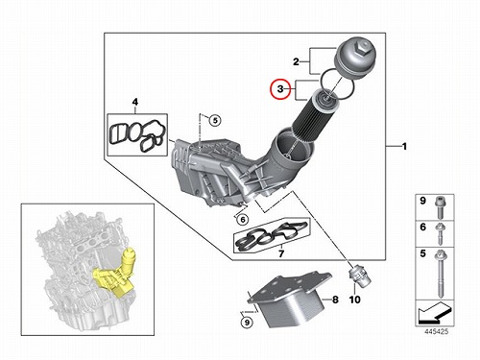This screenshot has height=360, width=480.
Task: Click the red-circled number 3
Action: click(x=280, y=89)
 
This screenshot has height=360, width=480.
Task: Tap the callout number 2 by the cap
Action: click(x=296, y=61)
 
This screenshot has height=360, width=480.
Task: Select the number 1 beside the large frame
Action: click(x=404, y=147)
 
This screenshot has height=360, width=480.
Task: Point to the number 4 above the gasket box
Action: click(x=135, y=103)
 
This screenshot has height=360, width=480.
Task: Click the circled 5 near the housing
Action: click(x=215, y=120)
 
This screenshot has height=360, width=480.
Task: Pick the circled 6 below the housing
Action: click(x=243, y=220)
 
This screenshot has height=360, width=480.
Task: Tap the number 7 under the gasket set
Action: click(x=281, y=253)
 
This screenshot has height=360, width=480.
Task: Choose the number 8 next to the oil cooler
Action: click(x=335, y=300)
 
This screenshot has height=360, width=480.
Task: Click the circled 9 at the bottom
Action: click(x=247, y=323)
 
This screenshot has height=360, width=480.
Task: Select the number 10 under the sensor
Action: click(x=354, y=300)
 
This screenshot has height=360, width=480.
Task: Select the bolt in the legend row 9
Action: click(x=440, y=207)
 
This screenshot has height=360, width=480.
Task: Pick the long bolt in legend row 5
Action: click(x=440, y=274)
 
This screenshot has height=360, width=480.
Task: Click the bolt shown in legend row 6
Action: click(x=440, y=234)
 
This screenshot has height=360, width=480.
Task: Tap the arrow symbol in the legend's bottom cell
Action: click(x=435, y=313)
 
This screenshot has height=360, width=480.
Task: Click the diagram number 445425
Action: click(x=437, y=331)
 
